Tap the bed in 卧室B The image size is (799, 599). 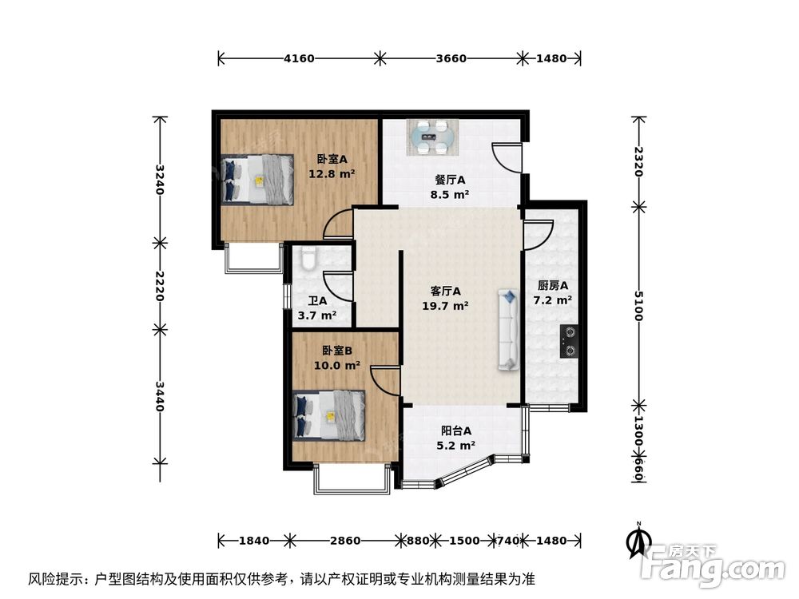330,415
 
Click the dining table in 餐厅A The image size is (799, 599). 434,137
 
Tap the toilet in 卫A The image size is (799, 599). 308,258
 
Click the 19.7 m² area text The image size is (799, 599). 446,305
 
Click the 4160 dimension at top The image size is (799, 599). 299,58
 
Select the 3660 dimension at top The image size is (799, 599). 451,58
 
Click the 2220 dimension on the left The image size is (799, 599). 160,285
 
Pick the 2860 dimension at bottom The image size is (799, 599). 344,541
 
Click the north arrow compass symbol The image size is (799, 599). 638,541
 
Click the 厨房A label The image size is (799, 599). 552,286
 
